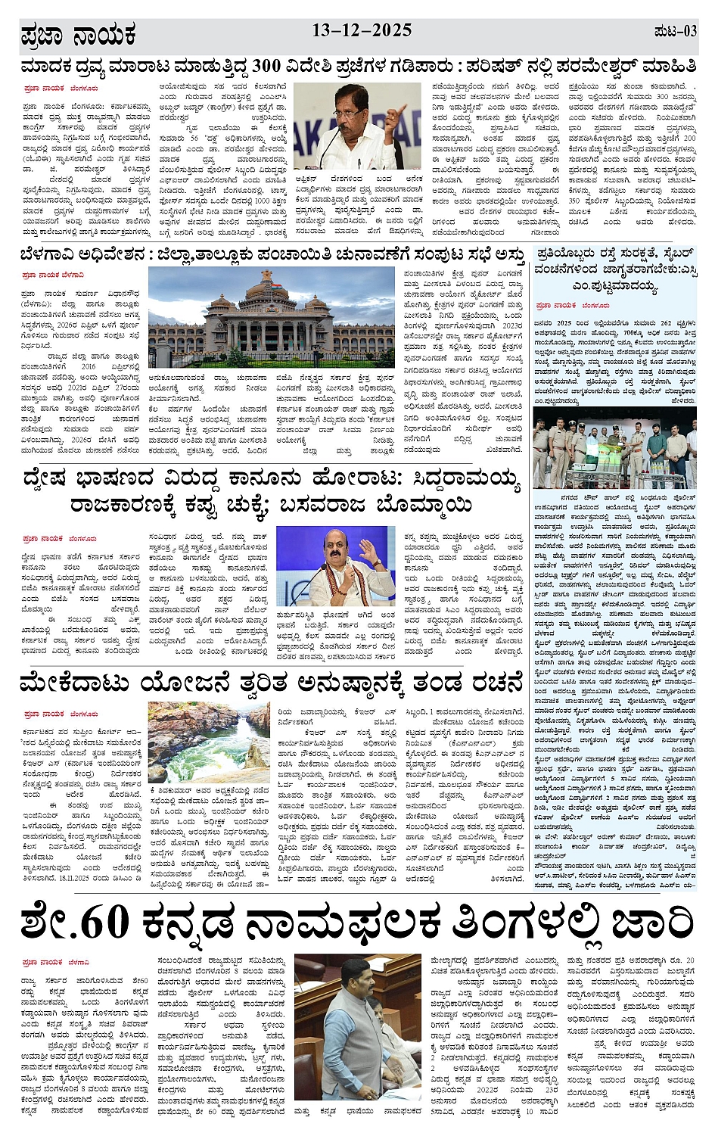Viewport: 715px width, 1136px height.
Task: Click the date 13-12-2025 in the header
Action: click(362, 30)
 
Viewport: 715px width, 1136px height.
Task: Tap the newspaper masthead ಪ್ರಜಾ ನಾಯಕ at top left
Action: click(78, 35)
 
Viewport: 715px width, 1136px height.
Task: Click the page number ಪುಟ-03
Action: click(675, 31)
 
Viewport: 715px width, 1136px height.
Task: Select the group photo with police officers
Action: click(614, 448)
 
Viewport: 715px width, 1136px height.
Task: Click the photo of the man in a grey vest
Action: click(359, 1030)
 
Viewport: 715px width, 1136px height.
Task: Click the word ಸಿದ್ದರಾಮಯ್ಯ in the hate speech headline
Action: click(466, 479)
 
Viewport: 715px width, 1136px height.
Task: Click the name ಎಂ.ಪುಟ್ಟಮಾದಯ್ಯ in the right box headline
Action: click(615, 287)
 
